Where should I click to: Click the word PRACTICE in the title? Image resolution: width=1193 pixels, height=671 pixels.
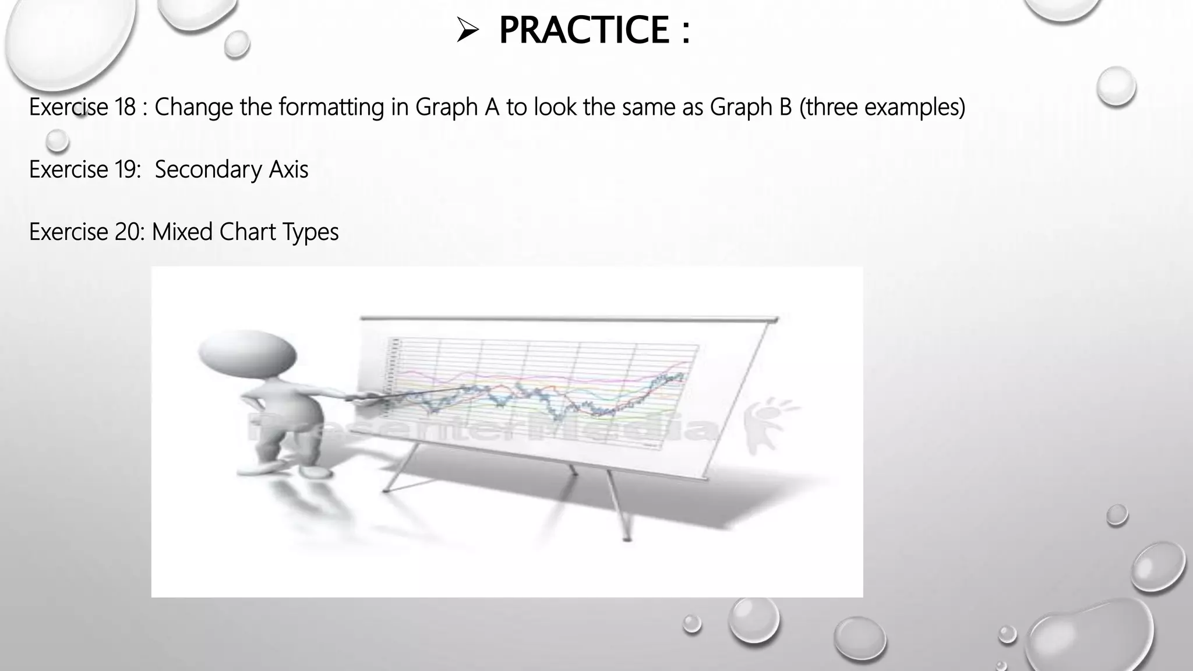pyautogui.click(x=584, y=30)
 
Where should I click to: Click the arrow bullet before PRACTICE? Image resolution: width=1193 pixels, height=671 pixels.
pyautogui.click(x=467, y=31)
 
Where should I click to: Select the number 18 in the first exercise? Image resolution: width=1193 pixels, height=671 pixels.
pyautogui.click(x=125, y=107)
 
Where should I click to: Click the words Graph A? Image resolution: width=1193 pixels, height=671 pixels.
pyautogui.click(x=457, y=107)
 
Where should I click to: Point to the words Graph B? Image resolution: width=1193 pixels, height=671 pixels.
pyautogui.click(x=751, y=107)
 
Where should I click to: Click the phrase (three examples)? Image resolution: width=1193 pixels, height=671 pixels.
pyautogui.click(x=883, y=107)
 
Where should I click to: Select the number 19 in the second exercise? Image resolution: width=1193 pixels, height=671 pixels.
pyautogui.click(x=126, y=169)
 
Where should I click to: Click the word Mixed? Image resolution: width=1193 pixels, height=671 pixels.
pyautogui.click(x=182, y=232)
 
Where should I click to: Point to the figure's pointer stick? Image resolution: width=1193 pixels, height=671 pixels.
pyautogui.click(x=408, y=392)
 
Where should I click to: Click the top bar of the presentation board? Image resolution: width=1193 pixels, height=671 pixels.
pyautogui.click(x=568, y=319)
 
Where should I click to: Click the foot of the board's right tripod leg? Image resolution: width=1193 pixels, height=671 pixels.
pyautogui.click(x=627, y=539)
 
